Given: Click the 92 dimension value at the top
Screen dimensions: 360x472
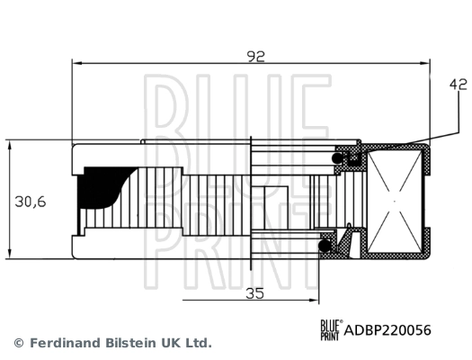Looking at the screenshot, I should [x=256, y=56].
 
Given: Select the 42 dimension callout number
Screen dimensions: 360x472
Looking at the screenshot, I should [x=459, y=86].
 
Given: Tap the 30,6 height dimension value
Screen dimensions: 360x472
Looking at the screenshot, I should [x=31, y=202].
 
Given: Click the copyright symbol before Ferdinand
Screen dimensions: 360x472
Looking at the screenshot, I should [x=18, y=343].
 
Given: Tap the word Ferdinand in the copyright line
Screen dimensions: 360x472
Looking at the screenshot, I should [x=67, y=343].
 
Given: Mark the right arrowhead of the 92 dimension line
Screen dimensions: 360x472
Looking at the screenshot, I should [x=428, y=64].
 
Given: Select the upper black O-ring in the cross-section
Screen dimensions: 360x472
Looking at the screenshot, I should [x=342, y=158].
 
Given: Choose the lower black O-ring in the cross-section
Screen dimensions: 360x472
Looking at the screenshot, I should [x=325, y=243].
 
